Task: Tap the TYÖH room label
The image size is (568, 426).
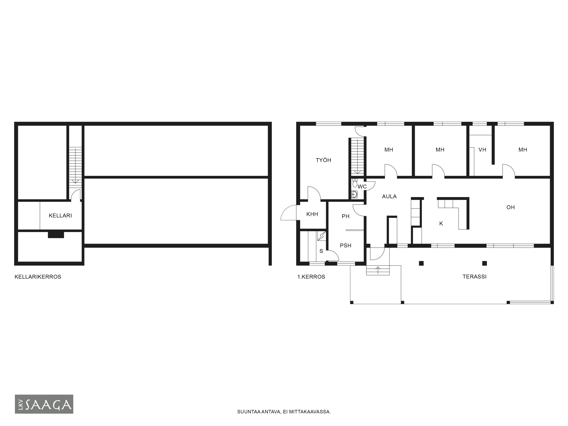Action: (x=323, y=160)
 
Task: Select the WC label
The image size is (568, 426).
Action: (x=362, y=187)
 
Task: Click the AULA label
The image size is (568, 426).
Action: (x=389, y=196)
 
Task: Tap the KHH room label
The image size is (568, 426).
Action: (x=312, y=214)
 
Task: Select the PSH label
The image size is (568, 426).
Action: (x=346, y=246)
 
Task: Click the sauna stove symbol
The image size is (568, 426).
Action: (x=321, y=236)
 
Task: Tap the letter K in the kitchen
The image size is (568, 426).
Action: (x=441, y=224)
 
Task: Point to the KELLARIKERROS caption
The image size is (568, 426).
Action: (x=38, y=277)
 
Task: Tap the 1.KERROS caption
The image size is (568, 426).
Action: (x=311, y=277)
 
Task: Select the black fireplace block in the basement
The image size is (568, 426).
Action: (x=56, y=235)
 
